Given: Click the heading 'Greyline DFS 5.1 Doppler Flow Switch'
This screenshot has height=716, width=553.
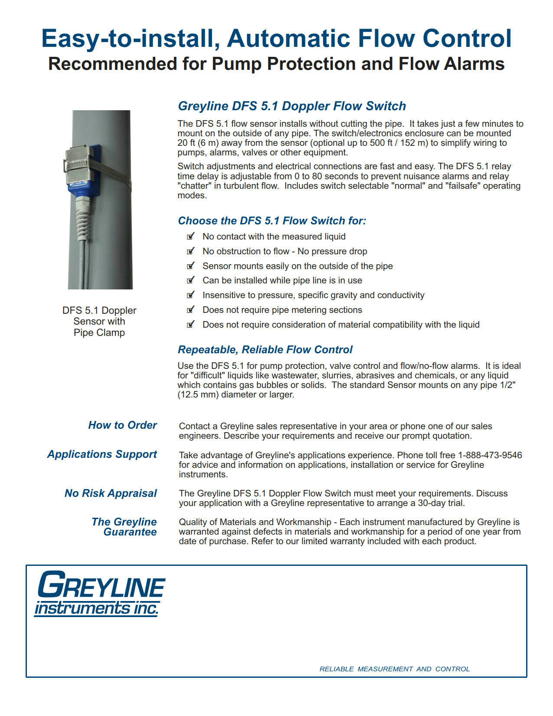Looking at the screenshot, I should (292, 106).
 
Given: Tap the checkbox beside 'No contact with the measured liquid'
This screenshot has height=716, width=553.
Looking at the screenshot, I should (190, 236).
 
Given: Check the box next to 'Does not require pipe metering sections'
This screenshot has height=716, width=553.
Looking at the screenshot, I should (190, 310).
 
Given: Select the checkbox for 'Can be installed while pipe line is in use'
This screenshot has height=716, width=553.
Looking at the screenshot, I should (190, 280).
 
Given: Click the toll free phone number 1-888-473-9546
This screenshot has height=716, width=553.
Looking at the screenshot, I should (490, 455).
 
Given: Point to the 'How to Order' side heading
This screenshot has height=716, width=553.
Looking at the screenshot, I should (122, 425).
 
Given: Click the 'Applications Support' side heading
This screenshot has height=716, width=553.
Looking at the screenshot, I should (102, 454).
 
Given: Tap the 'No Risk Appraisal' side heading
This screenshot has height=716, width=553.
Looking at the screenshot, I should (111, 493).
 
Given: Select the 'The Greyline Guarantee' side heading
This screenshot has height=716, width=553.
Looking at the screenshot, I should (124, 527).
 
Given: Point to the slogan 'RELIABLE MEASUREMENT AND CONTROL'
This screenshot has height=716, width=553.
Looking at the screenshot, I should (394, 669).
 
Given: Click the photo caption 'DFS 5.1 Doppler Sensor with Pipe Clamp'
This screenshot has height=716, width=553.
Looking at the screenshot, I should (99, 322).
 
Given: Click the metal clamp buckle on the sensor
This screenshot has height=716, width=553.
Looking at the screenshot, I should (78, 165).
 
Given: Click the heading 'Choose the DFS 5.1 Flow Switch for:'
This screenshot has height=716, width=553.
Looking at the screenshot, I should (272, 221).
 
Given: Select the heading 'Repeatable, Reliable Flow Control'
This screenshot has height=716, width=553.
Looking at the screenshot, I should (265, 350).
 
